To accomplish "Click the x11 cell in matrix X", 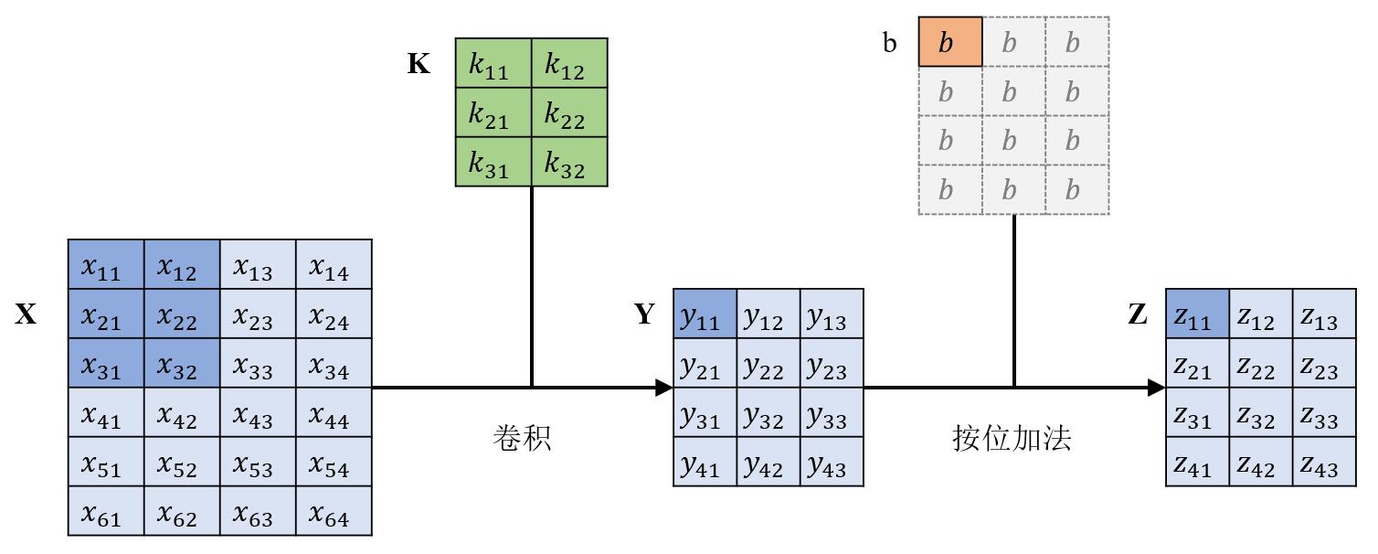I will [106, 265].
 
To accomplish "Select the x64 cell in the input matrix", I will [334, 511].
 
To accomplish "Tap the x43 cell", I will [258, 413].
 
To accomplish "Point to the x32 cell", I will [182, 364].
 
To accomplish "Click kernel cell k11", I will [493, 63].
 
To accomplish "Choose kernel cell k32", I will [569, 162].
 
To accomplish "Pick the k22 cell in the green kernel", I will [569, 112].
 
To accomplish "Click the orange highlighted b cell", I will [950, 42].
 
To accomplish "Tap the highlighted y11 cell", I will [705, 314].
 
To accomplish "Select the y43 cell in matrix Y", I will [832, 463].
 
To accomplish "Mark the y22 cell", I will [768, 364].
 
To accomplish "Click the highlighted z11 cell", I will [1197, 314].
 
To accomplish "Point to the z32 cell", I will [1261, 413].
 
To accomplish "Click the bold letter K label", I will [419, 65].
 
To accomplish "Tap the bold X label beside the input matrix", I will [26, 315].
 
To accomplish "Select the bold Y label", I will [645, 315].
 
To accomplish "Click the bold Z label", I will [1138, 315].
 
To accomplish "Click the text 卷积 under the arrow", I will [522, 439].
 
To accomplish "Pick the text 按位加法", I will [1012, 439].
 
